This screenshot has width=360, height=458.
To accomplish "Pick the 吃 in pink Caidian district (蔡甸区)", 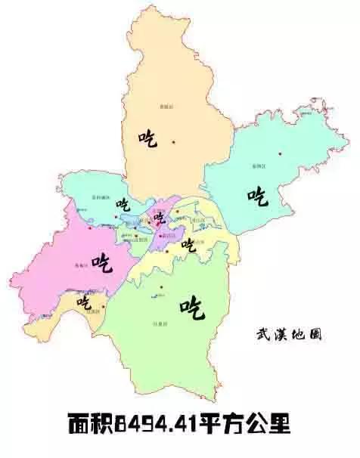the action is pos(101,262).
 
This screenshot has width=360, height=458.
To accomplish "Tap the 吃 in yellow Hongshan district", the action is pos(188,246).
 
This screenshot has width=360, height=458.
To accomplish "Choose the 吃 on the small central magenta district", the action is pos(159,219).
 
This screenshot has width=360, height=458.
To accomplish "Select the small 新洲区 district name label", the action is pos(259,164).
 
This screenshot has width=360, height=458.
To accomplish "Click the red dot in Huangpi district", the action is pos(173,142).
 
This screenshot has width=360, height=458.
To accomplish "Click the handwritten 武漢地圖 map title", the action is pos(288,333).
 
